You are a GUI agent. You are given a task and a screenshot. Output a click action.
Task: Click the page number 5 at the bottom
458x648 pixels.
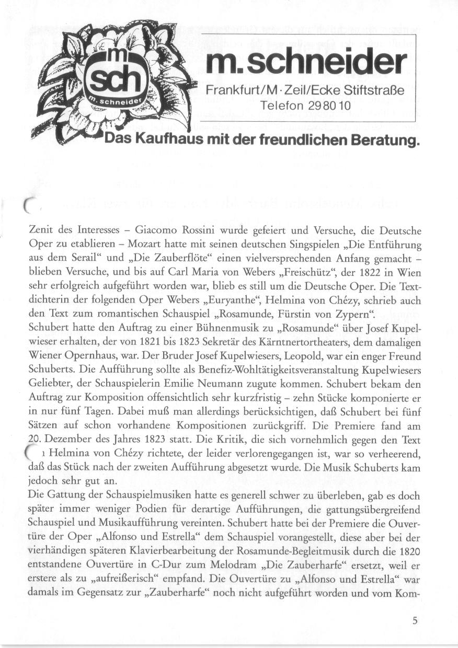tap(415, 621)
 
